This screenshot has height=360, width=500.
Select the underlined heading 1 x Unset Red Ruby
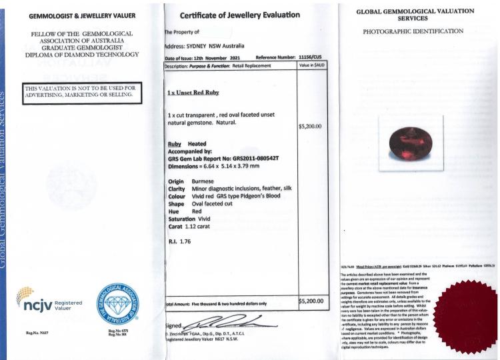pyautogui.click(x=193, y=92)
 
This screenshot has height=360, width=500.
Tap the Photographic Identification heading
pyautogui.click(x=413, y=31)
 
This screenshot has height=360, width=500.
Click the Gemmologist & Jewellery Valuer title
pyautogui.click(x=83, y=15)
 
